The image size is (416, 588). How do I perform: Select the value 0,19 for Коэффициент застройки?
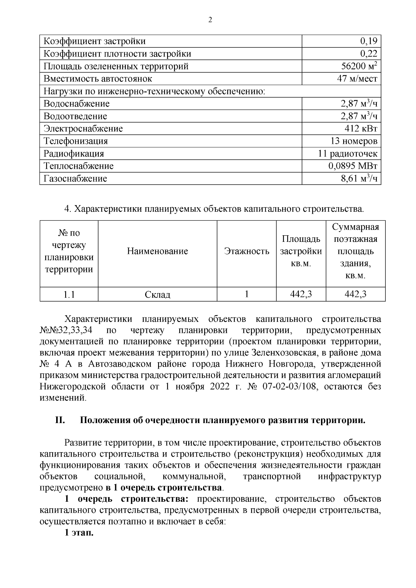click(x=368, y=41)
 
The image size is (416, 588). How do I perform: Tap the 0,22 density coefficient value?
click(x=368, y=54)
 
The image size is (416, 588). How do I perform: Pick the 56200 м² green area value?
click(x=359, y=66)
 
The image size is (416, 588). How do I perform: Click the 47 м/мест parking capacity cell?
click(x=357, y=79)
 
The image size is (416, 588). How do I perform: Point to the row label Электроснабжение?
click(x=83, y=129)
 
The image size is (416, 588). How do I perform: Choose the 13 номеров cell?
click(x=354, y=141)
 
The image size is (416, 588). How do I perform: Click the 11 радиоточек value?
click(x=348, y=153)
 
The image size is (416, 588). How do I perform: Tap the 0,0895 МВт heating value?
click(x=353, y=166)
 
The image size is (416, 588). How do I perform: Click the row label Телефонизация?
click(x=76, y=141)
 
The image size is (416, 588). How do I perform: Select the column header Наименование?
click(x=157, y=251)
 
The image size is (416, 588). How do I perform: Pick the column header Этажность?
click(x=246, y=251)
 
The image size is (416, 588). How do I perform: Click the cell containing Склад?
click(x=157, y=295)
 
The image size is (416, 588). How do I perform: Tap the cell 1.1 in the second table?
click(x=69, y=295)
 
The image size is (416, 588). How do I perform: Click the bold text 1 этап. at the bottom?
click(x=79, y=533)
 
